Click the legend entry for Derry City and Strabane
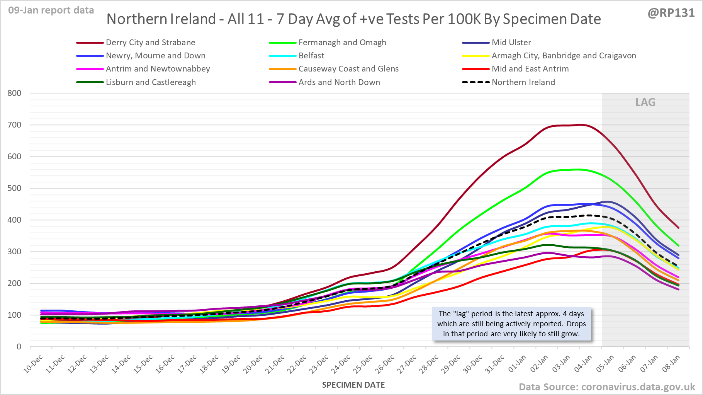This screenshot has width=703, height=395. (x=150, y=43)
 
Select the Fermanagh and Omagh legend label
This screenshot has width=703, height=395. (x=342, y=43)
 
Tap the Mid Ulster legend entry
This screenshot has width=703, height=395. (x=511, y=43)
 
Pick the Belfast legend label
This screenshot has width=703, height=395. (x=311, y=56)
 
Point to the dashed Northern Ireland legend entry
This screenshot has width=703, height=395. (x=523, y=82)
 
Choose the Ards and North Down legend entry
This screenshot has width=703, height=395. (x=339, y=82)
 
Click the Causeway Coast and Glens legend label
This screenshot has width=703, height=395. (x=348, y=69)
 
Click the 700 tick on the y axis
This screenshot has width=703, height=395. (x=14, y=125)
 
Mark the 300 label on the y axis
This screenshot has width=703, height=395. (x=14, y=252)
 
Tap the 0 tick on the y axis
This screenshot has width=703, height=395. (x=19, y=347)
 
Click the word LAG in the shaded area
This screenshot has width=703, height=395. (x=645, y=102)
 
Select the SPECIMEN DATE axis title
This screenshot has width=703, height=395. (x=353, y=385)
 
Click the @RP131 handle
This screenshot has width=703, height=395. (x=671, y=13)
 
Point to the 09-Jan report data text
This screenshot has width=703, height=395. (x=51, y=10)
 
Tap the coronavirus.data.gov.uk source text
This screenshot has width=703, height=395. (x=638, y=387)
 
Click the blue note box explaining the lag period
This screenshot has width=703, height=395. (x=511, y=324)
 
